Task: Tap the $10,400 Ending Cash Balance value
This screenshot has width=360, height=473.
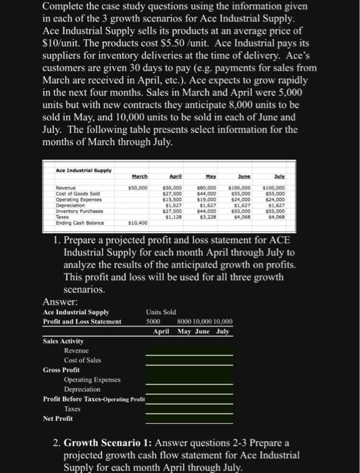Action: point(138,222)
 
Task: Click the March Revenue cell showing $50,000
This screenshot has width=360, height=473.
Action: point(138,185)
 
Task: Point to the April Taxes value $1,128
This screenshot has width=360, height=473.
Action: point(174,216)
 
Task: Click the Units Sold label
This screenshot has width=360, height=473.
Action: point(161,312)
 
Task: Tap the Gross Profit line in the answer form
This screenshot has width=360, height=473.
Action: point(61,370)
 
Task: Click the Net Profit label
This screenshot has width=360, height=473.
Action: point(58,418)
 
